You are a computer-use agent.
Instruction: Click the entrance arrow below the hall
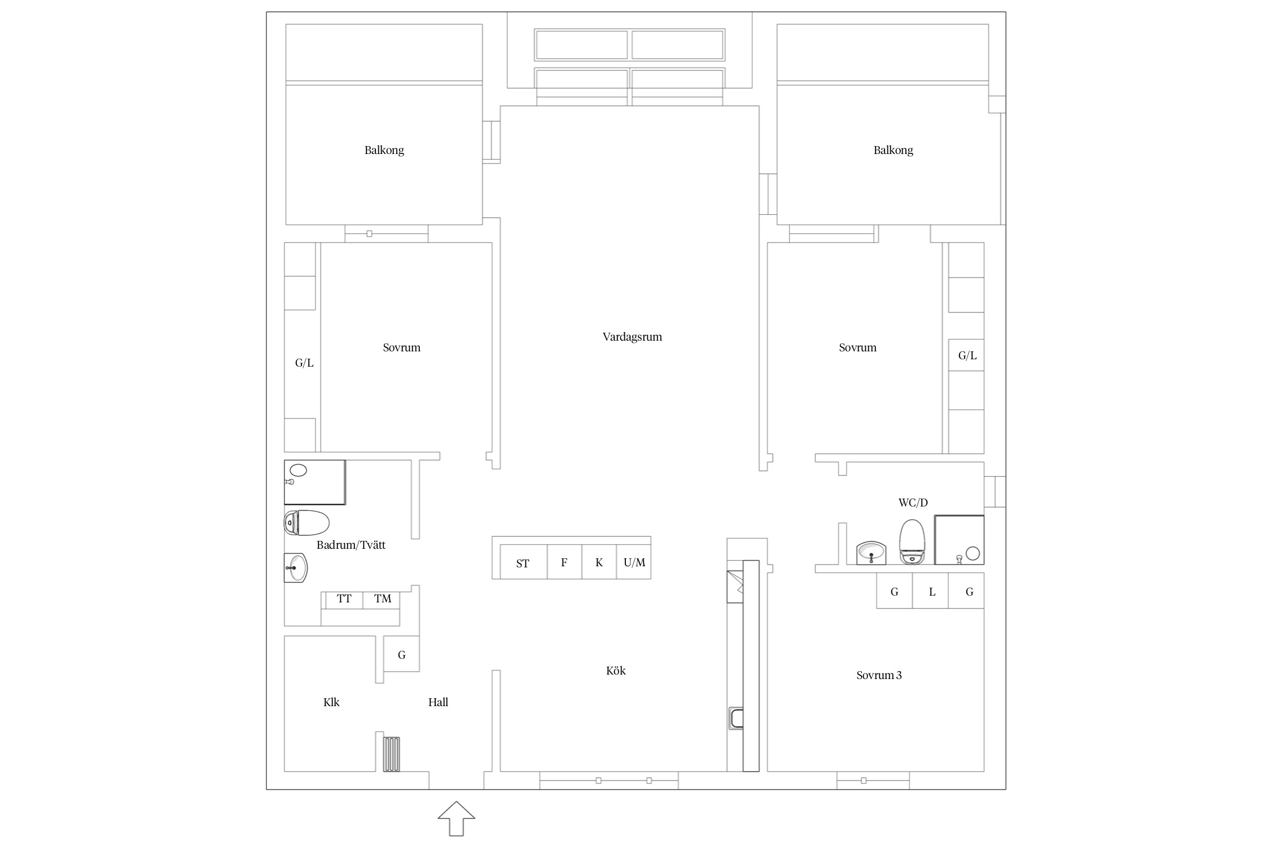[x=457, y=818]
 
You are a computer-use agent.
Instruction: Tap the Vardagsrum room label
[x=632, y=337]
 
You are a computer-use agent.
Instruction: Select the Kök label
[x=616, y=671]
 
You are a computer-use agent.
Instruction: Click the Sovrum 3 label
[x=879, y=675]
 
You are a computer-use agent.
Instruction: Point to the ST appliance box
[x=523, y=562]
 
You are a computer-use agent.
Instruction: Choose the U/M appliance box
[x=634, y=562]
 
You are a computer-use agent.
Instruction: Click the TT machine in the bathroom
[x=344, y=600]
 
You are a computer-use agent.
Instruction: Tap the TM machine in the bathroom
[x=382, y=600]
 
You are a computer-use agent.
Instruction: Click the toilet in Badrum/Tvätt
[x=306, y=523]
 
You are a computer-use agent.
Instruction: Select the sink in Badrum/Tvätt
[x=296, y=567]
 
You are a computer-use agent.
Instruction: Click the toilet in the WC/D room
[x=913, y=541]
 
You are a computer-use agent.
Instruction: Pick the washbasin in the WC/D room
[x=872, y=553]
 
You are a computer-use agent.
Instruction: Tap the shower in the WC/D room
[x=960, y=540]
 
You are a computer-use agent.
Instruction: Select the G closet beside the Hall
[x=401, y=654]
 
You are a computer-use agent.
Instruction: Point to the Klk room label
[x=331, y=703]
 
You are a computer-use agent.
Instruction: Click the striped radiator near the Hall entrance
[x=392, y=754]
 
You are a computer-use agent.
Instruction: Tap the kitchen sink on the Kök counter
[x=736, y=718]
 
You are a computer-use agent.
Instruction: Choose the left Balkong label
[x=384, y=150]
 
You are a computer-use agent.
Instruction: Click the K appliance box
[x=599, y=562]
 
